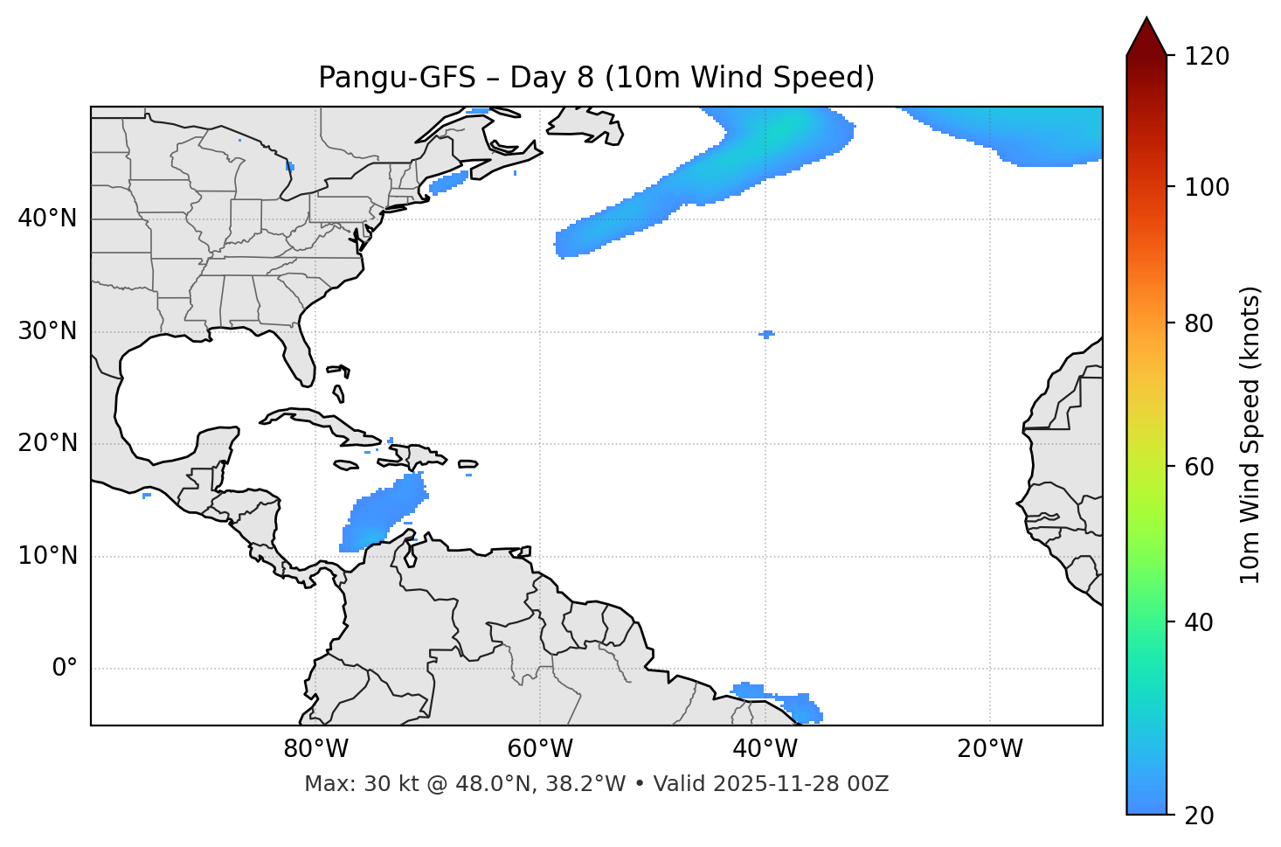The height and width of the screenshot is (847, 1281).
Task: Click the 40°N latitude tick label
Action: pyautogui.click(x=47, y=219)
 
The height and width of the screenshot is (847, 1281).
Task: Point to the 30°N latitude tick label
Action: pyautogui.click(x=47, y=331)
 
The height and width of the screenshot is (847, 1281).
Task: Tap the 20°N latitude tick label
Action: pyautogui.click(x=47, y=443)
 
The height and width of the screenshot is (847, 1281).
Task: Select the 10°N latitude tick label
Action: pyautogui.click(x=47, y=556)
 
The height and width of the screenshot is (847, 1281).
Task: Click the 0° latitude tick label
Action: pyautogui.click(x=65, y=669)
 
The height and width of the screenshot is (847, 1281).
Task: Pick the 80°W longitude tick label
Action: pyautogui.click(x=315, y=749)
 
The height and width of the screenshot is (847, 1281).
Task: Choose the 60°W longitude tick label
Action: pyautogui.click(x=540, y=749)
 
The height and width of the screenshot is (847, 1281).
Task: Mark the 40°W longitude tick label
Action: pyautogui.click(x=765, y=749)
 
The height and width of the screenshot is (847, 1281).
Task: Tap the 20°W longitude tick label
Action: pyautogui.click(x=990, y=749)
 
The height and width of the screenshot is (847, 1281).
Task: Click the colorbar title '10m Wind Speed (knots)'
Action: pyautogui.click(x=1250, y=434)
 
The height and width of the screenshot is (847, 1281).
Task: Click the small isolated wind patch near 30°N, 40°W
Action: pyautogui.click(x=766, y=334)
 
